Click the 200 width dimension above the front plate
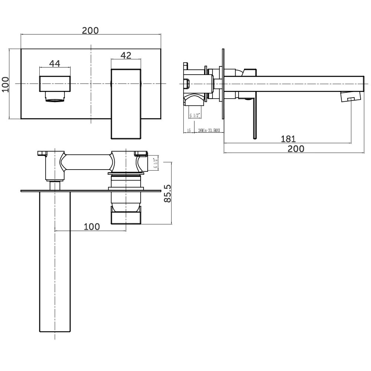pyautogui.click(x=91, y=30)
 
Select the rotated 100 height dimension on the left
pyautogui.click(x=6, y=85)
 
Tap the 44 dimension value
pyautogui.click(x=55, y=63)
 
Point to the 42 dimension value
pyautogui.click(x=126, y=55)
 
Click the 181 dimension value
pyautogui.click(x=288, y=139)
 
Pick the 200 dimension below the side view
pyautogui.click(x=296, y=149)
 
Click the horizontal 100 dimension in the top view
pyautogui.click(x=92, y=226)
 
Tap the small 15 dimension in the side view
pyautogui.click(x=188, y=130)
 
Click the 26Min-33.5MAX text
pyautogui.click(x=209, y=130)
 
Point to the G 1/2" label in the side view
pyautogui.click(x=195, y=115)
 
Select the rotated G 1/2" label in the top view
pyautogui.click(x=156, y=163)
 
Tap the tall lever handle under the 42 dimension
pyautogui.click(x=127, y=104)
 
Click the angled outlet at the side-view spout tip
pyautogui.click(x=350, y=97)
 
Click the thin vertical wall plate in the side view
pyautogui.click(x=223, y=84)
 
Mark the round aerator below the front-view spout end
pyautogui.click(x=55, y=98)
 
